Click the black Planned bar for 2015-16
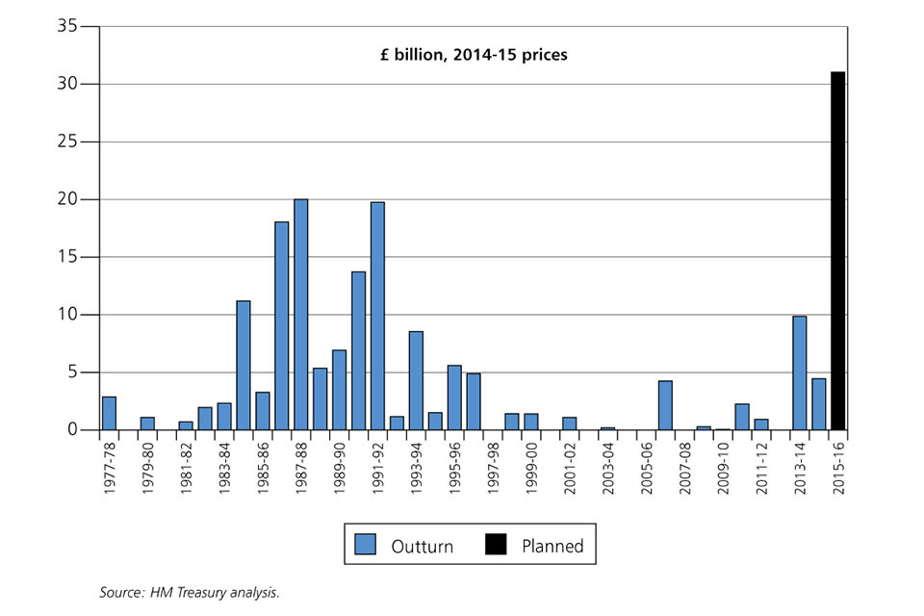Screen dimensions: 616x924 [x=838, y=250]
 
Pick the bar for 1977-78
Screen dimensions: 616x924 [x=109, y=413]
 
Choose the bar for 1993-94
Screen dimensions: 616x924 [x=416, y=380]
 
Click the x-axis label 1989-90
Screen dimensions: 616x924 [x=339, y=469]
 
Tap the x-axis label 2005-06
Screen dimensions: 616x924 [x=646, y=469]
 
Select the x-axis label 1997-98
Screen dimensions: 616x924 [x=493, y=469]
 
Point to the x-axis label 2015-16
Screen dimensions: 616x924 [x=838, y=469]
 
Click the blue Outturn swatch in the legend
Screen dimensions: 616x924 [x=365, y=545]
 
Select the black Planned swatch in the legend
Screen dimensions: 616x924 [x=496, y=545]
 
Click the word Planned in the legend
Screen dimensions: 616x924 [x=552, y=546]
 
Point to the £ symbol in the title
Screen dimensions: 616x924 [x=385, y=55]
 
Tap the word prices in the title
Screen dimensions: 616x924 [x=545, y=55]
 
